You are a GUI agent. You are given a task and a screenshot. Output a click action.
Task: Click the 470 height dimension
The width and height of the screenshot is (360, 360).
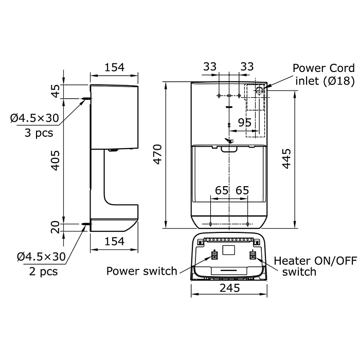coord(157,154)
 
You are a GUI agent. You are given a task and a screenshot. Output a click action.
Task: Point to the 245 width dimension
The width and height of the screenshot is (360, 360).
coord(229,289)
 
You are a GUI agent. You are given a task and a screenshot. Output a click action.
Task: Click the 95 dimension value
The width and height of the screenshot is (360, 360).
coord(245,122)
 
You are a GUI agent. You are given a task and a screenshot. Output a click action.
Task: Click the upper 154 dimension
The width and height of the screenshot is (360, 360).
coord(114,67)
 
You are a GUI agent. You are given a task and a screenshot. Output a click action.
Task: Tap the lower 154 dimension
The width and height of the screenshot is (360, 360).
coord(114,242)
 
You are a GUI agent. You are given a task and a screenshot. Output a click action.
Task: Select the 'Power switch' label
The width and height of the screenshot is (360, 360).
coord(141,271)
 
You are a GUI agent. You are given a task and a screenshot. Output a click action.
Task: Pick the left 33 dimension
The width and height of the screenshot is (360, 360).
coord(210,67)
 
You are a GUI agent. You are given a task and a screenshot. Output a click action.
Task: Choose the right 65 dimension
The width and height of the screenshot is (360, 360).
coord(242,191)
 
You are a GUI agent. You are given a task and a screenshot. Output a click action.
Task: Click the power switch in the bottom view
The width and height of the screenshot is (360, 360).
coord(214,256)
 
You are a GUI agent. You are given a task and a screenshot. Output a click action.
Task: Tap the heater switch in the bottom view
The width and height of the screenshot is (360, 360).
coord(253,256)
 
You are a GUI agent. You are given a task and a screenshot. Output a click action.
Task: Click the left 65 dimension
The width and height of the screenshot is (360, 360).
coord(222,191)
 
